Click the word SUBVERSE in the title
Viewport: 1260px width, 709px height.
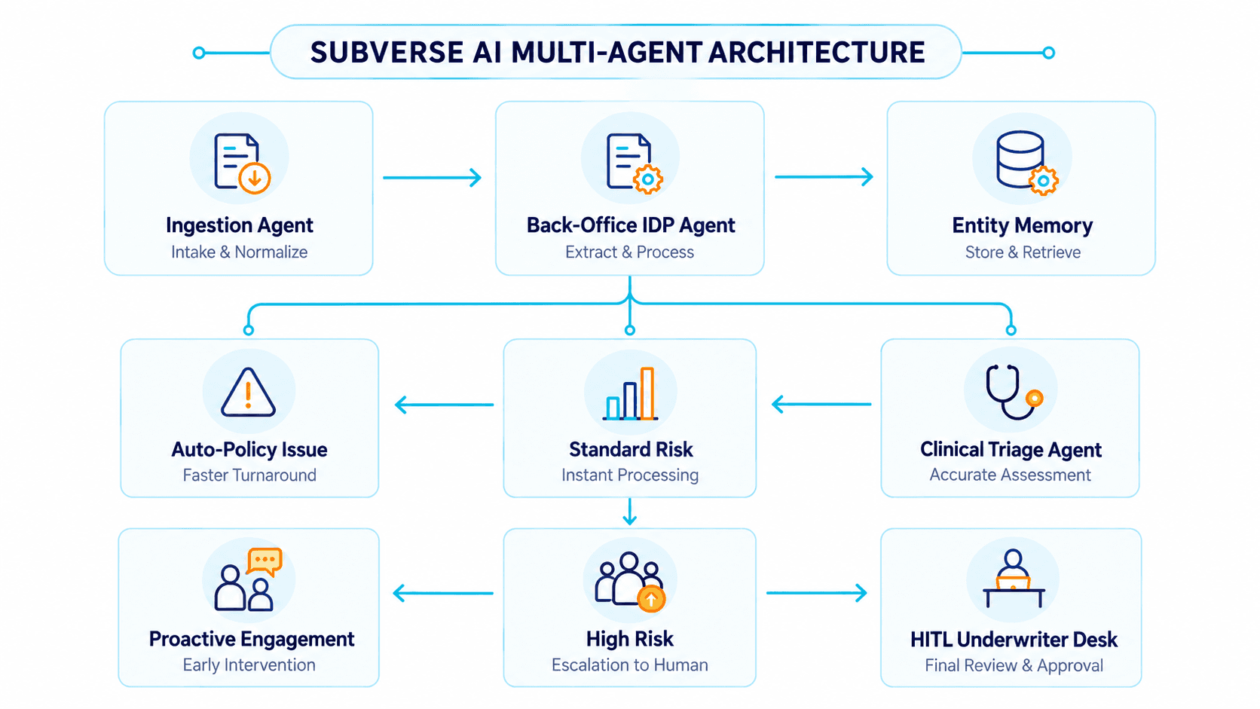coord(387,53)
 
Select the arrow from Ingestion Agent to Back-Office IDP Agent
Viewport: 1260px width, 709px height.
coord(432,178)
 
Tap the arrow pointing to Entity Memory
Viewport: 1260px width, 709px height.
coord(824,176)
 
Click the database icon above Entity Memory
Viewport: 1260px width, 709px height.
coord(1020,159)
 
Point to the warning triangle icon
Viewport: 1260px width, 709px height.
coord(248,393)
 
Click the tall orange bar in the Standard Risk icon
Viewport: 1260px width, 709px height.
coord(647,393)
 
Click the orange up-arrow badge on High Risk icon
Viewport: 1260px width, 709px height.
coord(651,599)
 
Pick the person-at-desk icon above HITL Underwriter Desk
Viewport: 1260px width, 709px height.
coord(1014,578)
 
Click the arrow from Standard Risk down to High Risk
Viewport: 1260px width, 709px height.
coord(630,512)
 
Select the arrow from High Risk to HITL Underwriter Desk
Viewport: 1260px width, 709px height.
coord(817,593)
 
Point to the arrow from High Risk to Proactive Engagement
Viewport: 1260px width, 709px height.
coord(443,593)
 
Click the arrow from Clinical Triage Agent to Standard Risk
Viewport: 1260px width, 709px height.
coord(822,404)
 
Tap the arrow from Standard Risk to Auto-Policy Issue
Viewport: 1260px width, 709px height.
coord(445,405)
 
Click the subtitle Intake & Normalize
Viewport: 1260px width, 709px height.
coord(239,252)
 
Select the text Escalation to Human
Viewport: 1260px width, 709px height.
coord(629,665)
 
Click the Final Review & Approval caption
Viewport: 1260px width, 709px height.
coord(1014,665)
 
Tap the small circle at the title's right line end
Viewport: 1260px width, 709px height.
coord(1048,53)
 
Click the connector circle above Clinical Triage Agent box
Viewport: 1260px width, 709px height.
coord(1011,330)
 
